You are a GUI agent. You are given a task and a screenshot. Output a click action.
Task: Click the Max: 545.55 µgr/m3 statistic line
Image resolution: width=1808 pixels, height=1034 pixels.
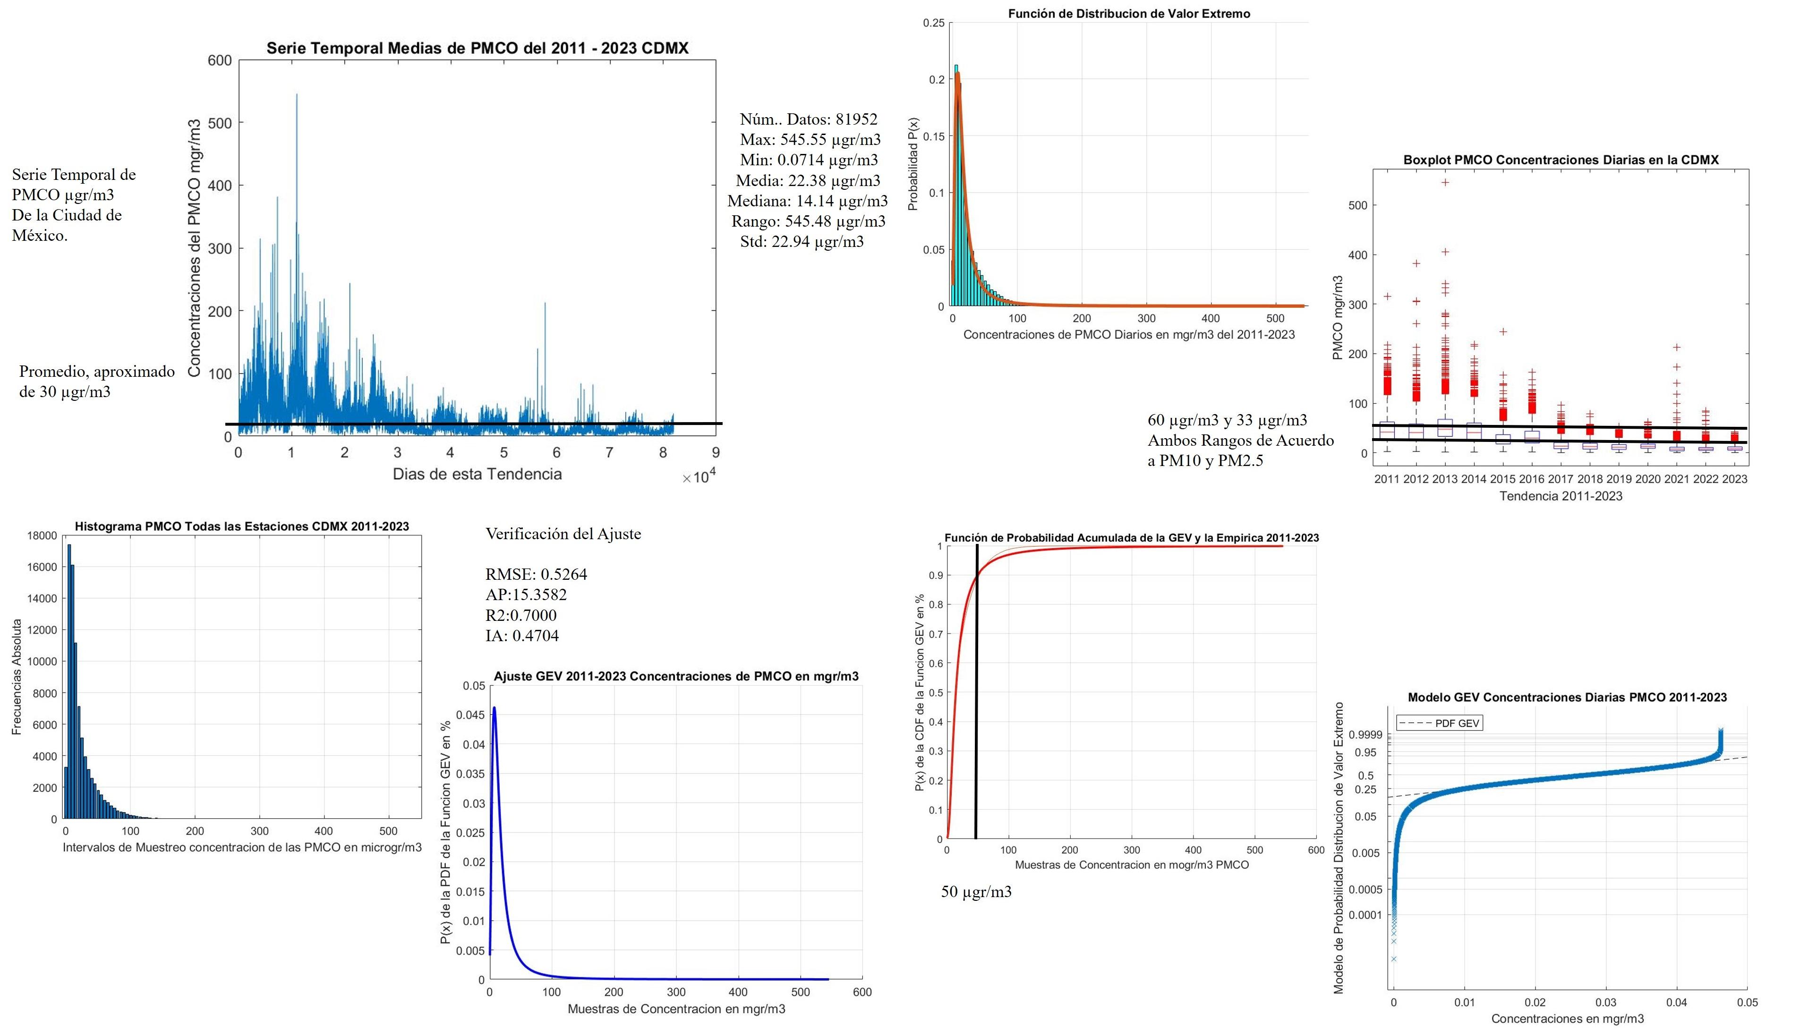coord(810,139)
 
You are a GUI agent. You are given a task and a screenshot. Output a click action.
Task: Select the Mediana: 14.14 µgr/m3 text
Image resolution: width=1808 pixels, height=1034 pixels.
coord(807,201)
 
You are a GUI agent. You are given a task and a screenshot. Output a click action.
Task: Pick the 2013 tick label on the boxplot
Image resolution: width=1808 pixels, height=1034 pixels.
coord(1444,479)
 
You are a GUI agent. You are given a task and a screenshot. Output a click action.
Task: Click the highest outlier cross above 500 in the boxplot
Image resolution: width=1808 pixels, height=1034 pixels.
coord(1445,183)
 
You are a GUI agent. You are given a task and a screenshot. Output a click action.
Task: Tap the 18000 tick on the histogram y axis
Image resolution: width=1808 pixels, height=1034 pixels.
coord(42,536)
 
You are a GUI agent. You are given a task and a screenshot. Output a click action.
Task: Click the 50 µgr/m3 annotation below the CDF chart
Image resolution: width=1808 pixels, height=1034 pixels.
coord(976,892)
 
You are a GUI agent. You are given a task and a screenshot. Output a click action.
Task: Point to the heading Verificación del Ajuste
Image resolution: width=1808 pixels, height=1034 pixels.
coord(563,534)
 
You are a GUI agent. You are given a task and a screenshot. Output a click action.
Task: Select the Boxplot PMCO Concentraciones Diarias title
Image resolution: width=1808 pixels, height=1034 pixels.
coord(1561,160)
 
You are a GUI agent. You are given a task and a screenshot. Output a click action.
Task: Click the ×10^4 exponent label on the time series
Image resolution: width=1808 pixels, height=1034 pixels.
coord(699,477)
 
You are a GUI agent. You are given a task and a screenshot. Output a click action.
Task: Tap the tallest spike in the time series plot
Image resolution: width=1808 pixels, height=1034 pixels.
coord(296,95)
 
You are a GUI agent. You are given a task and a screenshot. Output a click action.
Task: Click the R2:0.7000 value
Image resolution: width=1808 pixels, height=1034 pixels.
coord(521,615)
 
